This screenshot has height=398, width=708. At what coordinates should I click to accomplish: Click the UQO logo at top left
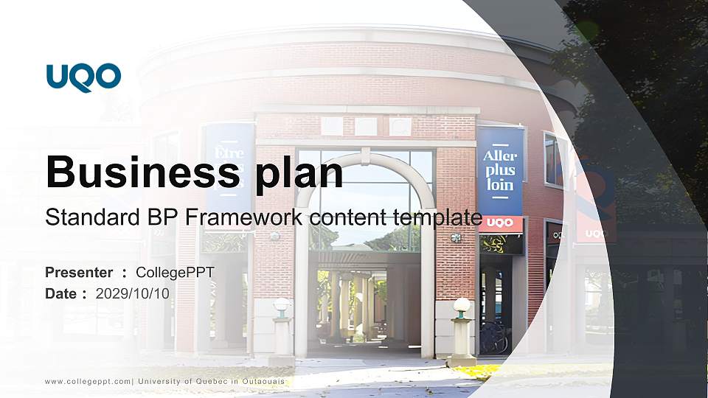pos(83,77)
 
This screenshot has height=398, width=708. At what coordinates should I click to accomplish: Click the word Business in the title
pos(140,172)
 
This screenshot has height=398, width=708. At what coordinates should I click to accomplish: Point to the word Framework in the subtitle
pos(246,217)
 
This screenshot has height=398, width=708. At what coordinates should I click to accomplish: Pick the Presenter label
pos(79,273)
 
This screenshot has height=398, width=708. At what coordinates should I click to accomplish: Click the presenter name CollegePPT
pos(175,273)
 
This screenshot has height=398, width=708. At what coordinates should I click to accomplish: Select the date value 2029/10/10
pos(133,293)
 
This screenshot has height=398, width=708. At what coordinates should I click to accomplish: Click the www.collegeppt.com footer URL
pos(88,381)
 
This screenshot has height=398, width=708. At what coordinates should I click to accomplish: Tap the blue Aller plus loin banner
pos(500,171)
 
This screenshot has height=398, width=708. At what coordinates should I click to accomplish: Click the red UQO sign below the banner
pos(500,223)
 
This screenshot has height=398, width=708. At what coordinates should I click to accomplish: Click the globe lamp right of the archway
pos(462,305)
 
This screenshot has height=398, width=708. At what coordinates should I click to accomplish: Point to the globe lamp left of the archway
pos(281,305)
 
